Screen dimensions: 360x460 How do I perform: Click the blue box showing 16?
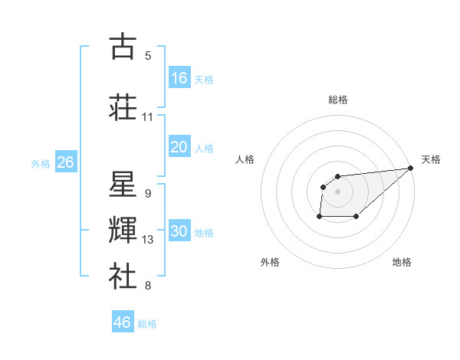coord(179,78)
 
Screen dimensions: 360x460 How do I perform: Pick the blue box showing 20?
coord(179,146)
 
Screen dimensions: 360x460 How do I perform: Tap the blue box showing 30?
coord(179,231)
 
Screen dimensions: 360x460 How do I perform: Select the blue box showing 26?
coord(65,162)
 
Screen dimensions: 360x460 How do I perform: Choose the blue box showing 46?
coord(123,322)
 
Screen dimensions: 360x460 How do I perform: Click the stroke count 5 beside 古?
coord(148,56)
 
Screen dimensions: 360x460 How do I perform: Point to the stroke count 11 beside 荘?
coord(147,117)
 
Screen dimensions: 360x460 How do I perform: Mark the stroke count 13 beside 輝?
coord(148,240)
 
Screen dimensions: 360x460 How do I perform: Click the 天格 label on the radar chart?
coord(431,159)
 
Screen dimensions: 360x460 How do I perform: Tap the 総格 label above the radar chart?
coord(337,100)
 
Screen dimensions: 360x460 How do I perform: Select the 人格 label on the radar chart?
coord(245,159)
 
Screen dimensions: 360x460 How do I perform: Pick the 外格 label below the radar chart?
coord(270,262)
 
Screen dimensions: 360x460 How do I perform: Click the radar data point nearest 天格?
coord(410,169)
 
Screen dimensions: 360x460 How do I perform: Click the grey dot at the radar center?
coord(337,191)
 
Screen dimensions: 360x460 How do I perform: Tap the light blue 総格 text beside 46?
coord(147,324)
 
